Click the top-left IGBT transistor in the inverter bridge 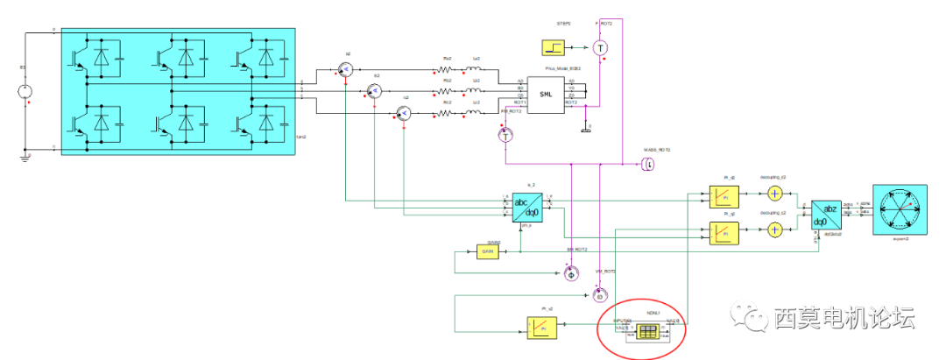(75, 57)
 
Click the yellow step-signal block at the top (554, 47)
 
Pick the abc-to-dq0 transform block (526, 208)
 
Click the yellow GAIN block (487, 251)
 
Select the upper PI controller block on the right (724, 196)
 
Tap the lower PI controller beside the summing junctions (724, 232)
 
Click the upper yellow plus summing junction (774, 194)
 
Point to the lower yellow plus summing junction (774, 229)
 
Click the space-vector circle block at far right (900, 208)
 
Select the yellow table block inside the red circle (647, 331)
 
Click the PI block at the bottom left (541, 328)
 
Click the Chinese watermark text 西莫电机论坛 (844, 317)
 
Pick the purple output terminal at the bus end (649, 164)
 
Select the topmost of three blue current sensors (345, 68)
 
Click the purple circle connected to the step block (600, 47)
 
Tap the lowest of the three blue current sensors (403, 114)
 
